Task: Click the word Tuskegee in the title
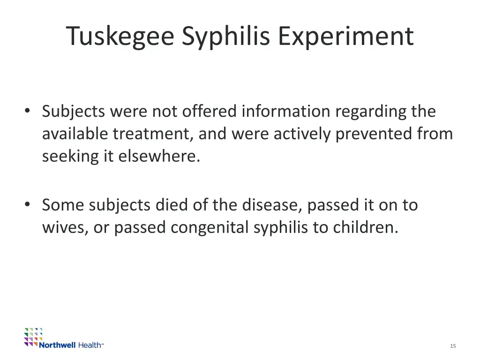120,36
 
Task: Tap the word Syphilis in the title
226,36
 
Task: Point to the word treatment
151,134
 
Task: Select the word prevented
374,134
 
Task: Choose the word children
365,227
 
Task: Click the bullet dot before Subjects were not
28,111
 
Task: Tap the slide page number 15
453,346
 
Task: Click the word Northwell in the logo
57,345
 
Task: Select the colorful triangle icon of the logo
33,336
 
